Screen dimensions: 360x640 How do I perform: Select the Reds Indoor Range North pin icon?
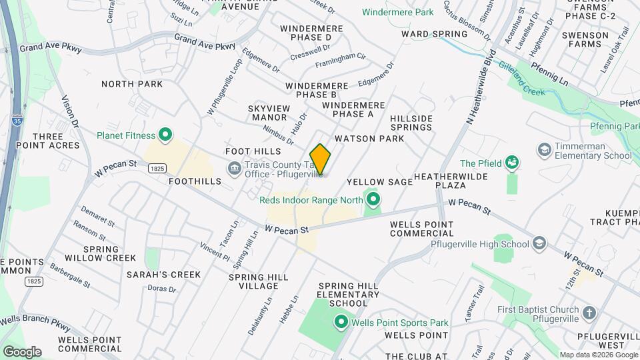[373, 199]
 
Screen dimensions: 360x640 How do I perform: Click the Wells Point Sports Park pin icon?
[341, 323]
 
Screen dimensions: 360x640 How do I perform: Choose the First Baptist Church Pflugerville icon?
[589, 312]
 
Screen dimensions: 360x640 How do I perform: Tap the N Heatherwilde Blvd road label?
[471, 91]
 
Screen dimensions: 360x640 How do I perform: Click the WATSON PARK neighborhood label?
[369, 139]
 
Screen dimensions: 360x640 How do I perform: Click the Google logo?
[21, 351]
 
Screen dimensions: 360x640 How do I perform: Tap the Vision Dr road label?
[70, 113]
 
